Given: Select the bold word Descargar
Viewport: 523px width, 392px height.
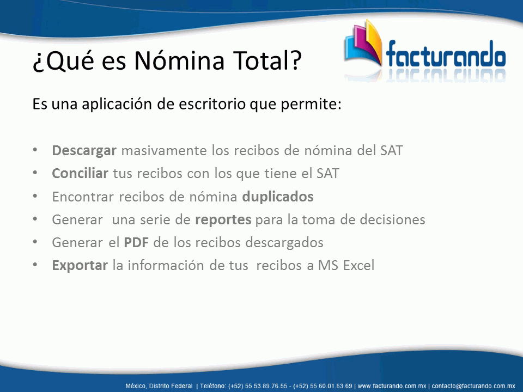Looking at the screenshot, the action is pos(84,151).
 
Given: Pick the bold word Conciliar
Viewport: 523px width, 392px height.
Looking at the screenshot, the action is pos(80,173).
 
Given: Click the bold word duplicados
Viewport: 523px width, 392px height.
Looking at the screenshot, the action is pos(278,197).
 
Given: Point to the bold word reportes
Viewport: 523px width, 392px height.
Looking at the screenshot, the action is pos(223,220).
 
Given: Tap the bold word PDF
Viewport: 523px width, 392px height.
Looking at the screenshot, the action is pos(136,242).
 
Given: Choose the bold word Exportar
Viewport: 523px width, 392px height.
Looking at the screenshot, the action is pos(80,265).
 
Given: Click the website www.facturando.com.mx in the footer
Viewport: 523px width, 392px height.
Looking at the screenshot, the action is pos(392,386).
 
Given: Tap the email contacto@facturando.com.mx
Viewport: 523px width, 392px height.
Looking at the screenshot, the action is pos(473,386).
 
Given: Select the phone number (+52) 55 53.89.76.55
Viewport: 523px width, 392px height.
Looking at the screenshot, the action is pos(258,386).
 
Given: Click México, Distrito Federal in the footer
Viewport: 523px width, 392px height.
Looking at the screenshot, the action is pos(159,386).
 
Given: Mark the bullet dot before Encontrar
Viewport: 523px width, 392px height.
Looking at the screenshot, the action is pos(35,196).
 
